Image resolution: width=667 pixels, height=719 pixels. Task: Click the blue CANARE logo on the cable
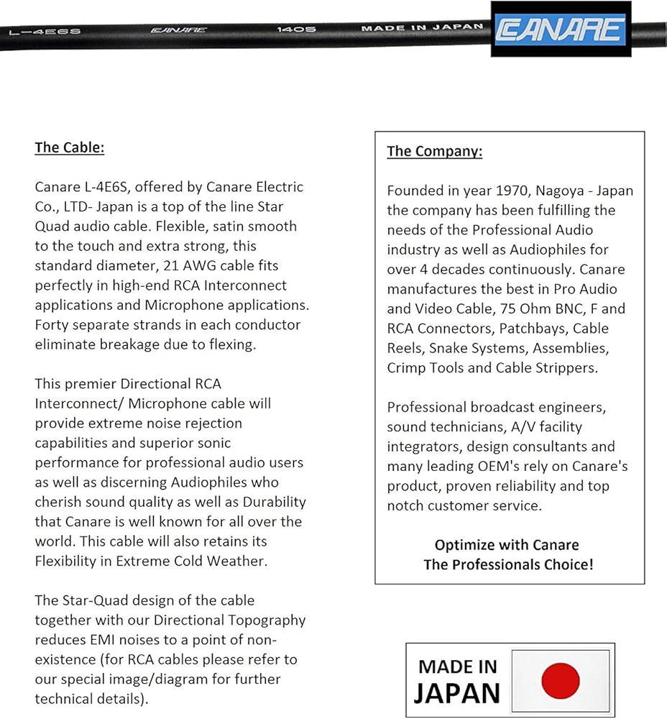tap(563, 29)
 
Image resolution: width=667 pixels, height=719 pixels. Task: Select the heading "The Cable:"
tap(70, 147)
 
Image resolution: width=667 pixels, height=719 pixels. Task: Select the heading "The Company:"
tap(434, 151)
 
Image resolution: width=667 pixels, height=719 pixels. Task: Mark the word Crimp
tap(407, 367)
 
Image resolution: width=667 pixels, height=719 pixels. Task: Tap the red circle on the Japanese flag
tap(560, 680)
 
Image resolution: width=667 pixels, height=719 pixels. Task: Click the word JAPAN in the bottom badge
tap(456, 693)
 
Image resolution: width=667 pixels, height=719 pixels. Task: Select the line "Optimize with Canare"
tap(507, 544)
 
